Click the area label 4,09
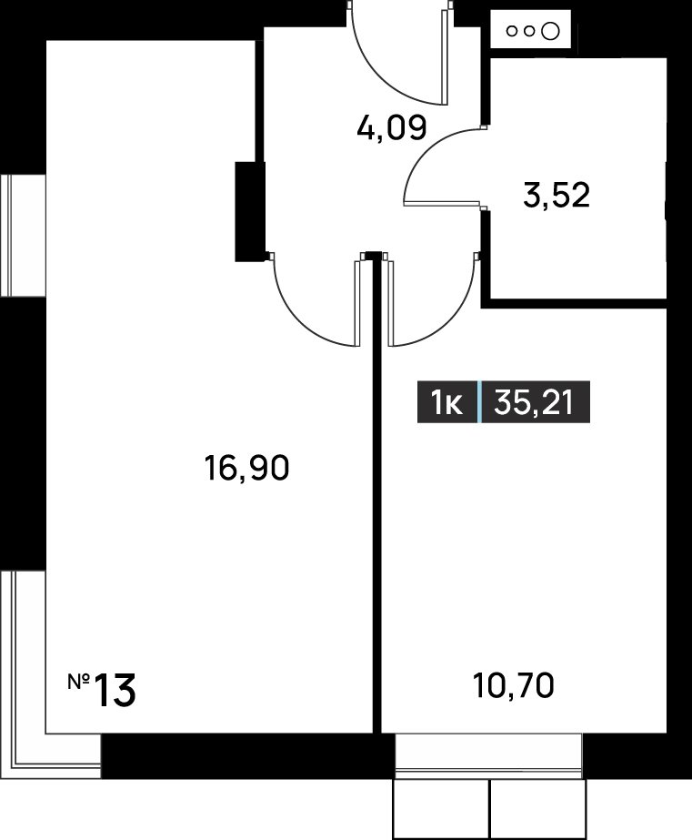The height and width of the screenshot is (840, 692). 391,128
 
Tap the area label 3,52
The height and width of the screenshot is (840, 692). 557,195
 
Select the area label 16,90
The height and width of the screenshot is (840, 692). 246,467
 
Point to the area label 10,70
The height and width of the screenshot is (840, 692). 513,685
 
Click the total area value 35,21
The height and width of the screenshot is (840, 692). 534,402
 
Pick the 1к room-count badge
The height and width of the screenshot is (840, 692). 446,403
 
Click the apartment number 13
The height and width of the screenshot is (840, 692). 115,691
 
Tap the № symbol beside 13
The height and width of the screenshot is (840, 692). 79,682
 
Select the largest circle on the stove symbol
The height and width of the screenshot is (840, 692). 549,31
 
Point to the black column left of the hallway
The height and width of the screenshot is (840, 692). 250,211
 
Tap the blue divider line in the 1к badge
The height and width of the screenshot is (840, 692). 479,401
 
